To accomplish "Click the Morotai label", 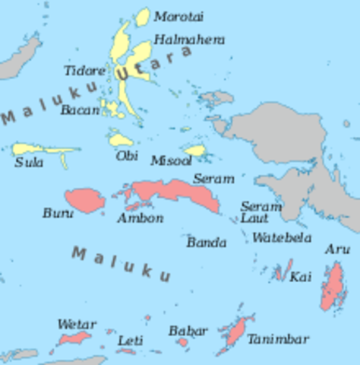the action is (x=178, y=16).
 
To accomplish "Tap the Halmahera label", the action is (x=189, y=40).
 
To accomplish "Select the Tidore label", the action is (x=84, y=71).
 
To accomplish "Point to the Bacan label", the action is (x=80, y=109).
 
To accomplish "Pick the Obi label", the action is (x=127, y=156).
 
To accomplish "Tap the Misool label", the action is (x=171, y=160).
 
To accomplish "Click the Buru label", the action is (x=58, y=214).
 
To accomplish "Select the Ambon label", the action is (x=140, y=218).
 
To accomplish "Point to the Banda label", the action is (x=207, y=243).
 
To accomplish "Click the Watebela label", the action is (x=282, y=238).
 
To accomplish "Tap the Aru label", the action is (x=337, y=249).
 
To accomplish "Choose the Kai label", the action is (x=300, y=277).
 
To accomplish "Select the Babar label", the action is (x=187, y=332).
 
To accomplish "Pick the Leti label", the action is (x=130, y=341).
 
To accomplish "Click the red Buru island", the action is (x=85, y=200).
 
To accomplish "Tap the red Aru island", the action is (x=333, y=287).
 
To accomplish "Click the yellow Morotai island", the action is (x=142, y=16).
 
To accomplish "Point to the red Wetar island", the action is (x=74, y=338).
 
